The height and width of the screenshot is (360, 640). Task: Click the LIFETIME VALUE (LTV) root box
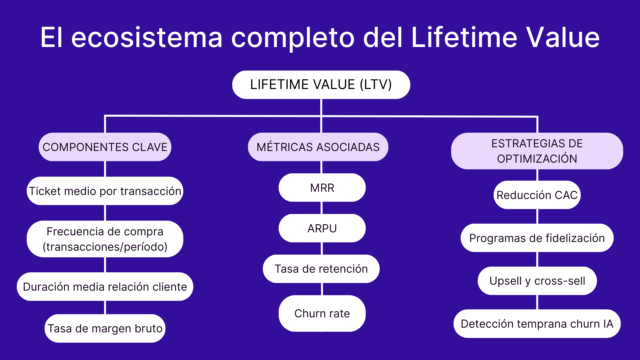pos(321,85)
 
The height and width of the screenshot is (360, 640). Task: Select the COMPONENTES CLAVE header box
pos(105,147)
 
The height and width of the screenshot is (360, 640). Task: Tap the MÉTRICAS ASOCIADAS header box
pos(318,147)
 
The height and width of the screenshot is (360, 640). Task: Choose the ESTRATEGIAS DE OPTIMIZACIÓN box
pos(537,151)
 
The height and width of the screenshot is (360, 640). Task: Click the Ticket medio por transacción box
pos(105,191)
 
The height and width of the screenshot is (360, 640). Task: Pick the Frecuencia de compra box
pos(105,239)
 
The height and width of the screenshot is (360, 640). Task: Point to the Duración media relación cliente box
pos(105,287)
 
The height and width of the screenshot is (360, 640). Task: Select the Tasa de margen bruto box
pos(105,328)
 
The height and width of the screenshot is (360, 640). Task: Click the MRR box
pos(322,188)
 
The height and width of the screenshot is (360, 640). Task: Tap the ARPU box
pos(322,228)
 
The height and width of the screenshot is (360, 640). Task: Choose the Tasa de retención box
pos(321,269)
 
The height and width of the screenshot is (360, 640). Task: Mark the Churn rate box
pos(322,313)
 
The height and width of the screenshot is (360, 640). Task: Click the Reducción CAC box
pos(537,195)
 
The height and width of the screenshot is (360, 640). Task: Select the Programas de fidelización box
pos(537,238)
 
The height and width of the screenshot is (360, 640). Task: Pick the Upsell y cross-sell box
pos(537,281)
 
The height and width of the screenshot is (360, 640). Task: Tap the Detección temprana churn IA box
pos(537,324)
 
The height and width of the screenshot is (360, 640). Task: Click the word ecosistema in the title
pos(147,37)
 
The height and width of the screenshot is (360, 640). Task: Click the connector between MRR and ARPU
pos(322,208)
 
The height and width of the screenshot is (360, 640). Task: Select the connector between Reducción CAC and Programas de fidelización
pos(537,216)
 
